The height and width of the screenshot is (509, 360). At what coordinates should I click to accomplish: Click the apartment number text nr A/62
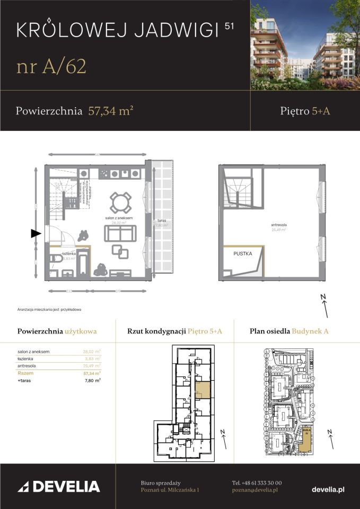click(x=51, y=67)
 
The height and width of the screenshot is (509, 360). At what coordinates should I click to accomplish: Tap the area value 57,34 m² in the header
click(x=110, y=111)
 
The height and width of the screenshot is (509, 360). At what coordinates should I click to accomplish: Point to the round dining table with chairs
click(x=120, y=202)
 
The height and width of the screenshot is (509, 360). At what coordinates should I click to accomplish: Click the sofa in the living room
click(x=120, y=233)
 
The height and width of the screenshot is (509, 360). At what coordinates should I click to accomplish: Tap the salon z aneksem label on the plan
click(x=118, y=218)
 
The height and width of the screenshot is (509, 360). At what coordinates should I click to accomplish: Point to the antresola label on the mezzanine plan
click(x=278, y=225)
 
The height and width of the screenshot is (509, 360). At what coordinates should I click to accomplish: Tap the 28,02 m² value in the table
click(x=92, y=351)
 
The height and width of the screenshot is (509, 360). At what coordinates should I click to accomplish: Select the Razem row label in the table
click(x=27, y=373)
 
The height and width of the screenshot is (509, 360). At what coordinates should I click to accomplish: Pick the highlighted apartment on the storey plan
click(x=202, y=390)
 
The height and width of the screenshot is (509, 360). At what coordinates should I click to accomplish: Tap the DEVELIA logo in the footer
click(x=58, y=487)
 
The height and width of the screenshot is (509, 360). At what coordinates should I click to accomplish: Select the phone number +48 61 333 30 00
click(x=257, y=483)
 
